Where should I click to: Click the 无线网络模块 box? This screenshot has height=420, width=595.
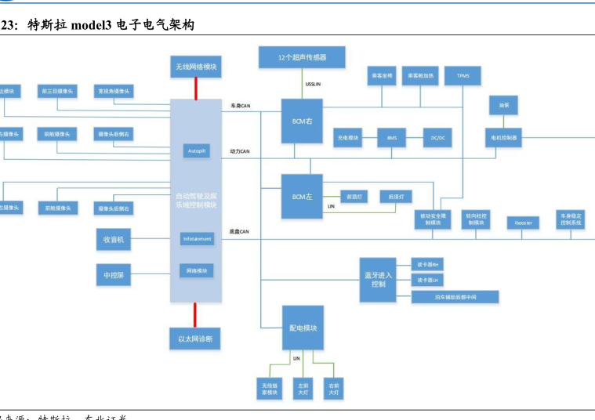(x=196, y=67)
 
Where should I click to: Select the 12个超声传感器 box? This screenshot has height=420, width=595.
(x=302, y=57)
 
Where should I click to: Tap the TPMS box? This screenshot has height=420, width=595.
(x=463, y=76)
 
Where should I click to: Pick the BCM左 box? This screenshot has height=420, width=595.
(x=303, y=196)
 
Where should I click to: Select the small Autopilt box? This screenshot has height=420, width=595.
(x=196, y=150)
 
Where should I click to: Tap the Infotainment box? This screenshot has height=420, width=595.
(x=197, y=238)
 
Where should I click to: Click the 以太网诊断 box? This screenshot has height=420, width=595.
(x=195, y=339)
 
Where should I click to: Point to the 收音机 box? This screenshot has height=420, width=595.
(x=113, y=239)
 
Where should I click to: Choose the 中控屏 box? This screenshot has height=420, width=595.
(x=113, y=276)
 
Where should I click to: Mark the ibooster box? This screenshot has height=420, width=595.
(x=523, y=223)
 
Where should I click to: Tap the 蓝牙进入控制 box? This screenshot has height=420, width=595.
(x=379, y=279)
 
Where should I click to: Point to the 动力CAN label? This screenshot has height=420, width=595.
(x=240, y=150)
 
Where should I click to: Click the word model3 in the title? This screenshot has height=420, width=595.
(x=92, y=26)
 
